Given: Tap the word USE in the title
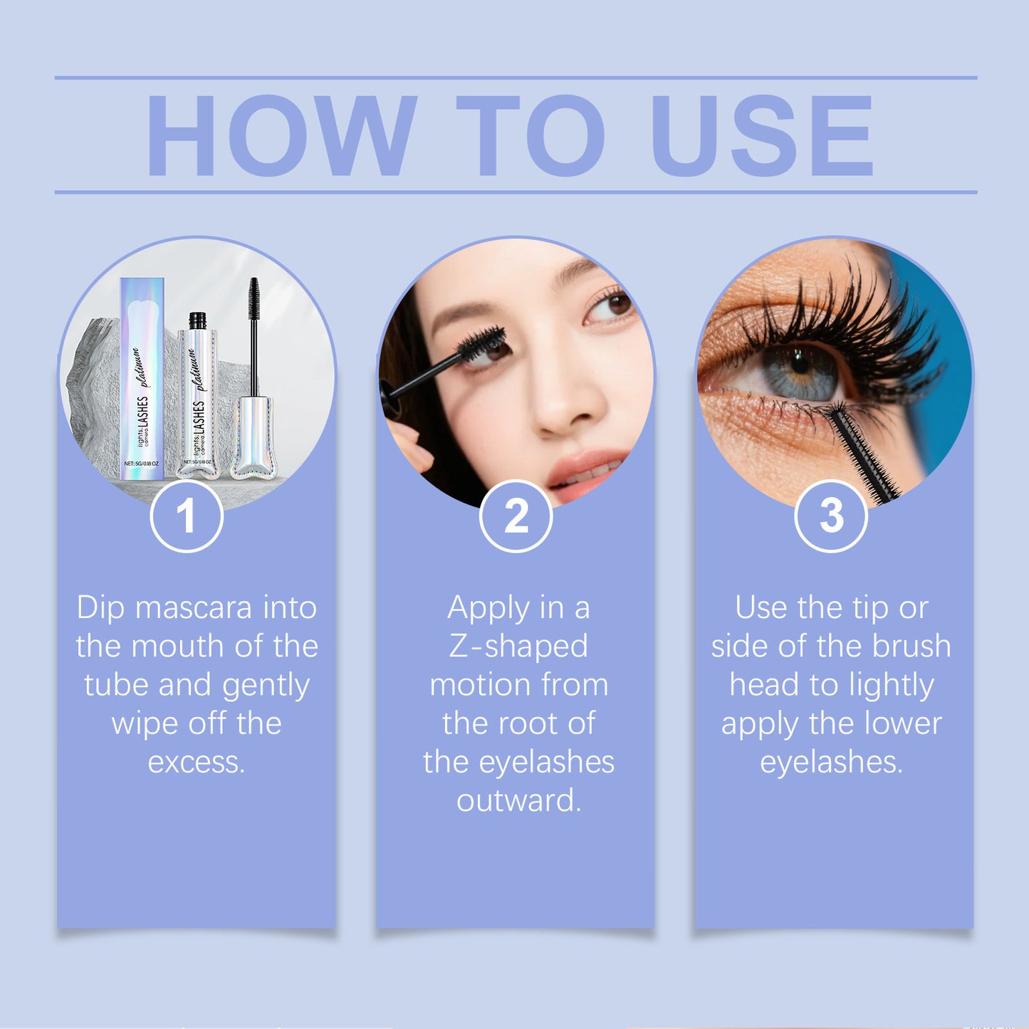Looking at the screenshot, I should (761, 135).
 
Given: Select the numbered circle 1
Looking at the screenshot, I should (187, 516).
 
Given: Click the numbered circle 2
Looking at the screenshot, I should (516, 516).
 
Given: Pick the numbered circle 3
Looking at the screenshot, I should (831, 516).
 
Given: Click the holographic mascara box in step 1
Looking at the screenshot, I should (142, 377).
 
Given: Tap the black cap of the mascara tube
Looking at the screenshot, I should (197, 320).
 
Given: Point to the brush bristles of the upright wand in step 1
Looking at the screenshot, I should (254, 299).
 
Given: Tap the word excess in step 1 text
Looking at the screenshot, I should (196, 762).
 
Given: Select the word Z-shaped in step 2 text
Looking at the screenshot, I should (518, 647).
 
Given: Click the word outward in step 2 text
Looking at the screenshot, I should (518, 800).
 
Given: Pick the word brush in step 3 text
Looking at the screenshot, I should (912, 647).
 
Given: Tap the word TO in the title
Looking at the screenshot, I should (531, 135).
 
